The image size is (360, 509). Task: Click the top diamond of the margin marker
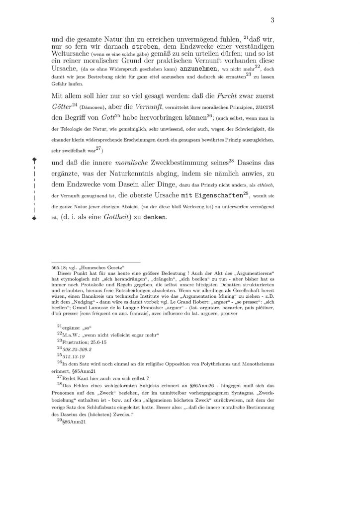pos(34,160)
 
